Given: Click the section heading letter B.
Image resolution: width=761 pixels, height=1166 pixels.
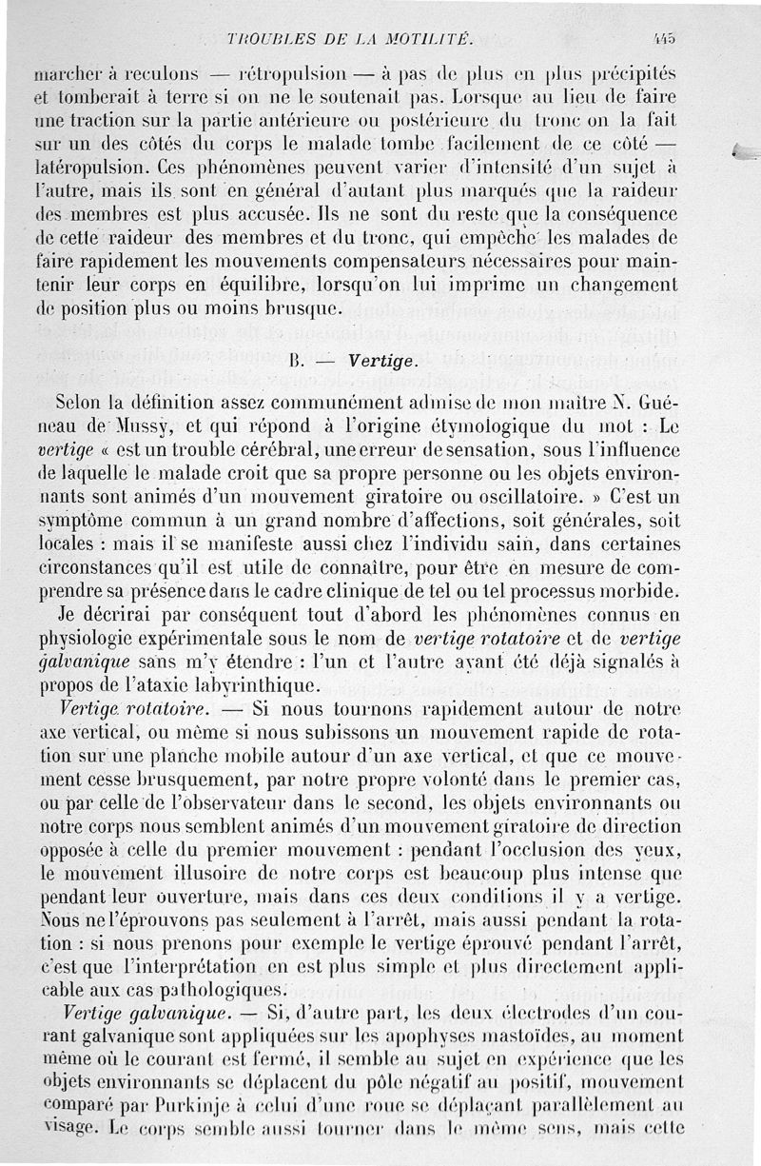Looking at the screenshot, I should click(x=294, y=362).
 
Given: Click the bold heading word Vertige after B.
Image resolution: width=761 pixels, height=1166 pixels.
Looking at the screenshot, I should click(x=380, y=361).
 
